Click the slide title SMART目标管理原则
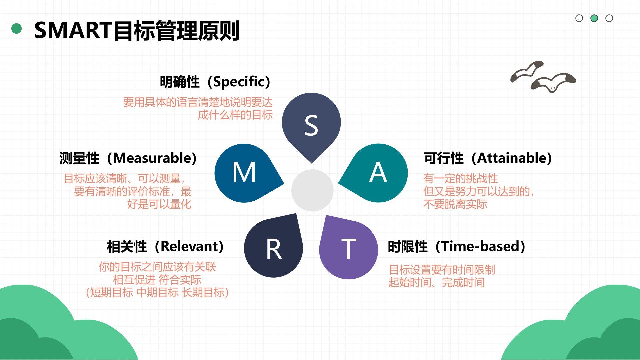click(137, 30)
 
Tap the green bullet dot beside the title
click(16, 29)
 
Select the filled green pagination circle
click(594, 18)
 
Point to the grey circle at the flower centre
click(312, 190)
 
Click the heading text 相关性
click(127, 247)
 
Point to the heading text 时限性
click(408, 247)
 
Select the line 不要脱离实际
click(455, 204)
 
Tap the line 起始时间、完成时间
click(436, 283)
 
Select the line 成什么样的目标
click(235, 115)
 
